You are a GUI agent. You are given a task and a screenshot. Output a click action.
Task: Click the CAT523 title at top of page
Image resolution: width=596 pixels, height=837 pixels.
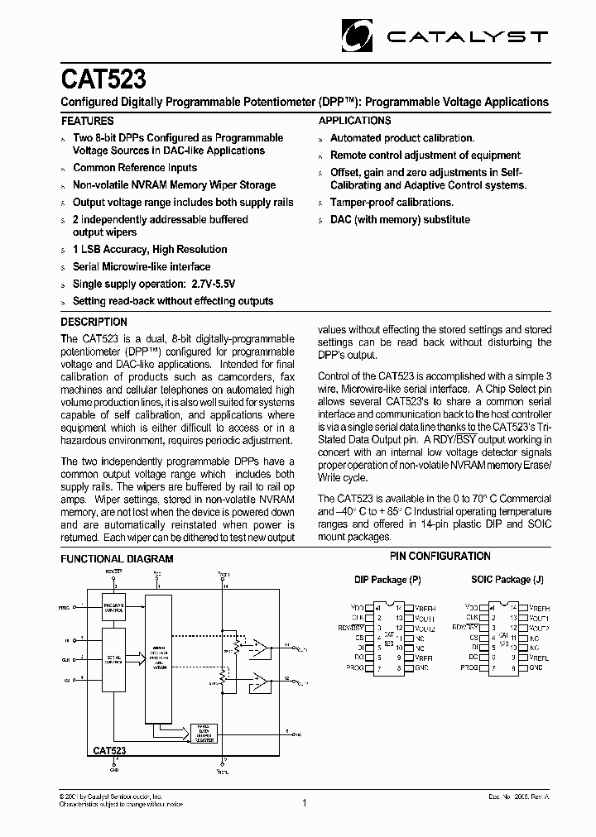click(x=103, y=80)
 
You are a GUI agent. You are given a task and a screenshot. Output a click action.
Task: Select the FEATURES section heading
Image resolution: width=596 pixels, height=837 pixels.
click(x=88, y=121)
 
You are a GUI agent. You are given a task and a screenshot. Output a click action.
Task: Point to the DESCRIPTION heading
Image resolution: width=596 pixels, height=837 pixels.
click(x=94, y=322)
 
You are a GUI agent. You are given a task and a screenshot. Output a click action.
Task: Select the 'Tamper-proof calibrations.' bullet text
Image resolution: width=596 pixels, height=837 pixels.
click(x=392, y=202)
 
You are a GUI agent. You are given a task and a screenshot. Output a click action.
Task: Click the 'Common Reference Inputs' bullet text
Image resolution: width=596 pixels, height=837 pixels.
click(x=135, y=168)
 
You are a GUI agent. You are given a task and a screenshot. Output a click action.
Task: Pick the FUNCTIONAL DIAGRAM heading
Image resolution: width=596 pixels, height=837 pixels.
click(x=118, y=559)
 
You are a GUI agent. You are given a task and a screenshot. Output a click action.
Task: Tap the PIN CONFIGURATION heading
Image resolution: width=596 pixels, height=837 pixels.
click(x=440, y=557)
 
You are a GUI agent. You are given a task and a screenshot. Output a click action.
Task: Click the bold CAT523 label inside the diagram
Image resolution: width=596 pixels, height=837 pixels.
click(x=108, y=750)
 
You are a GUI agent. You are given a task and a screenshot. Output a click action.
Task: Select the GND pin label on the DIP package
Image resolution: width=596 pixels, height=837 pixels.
click(x=421, y=667)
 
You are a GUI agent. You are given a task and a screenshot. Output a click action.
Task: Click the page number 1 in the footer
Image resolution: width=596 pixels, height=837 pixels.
click(x=304, y=802)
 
